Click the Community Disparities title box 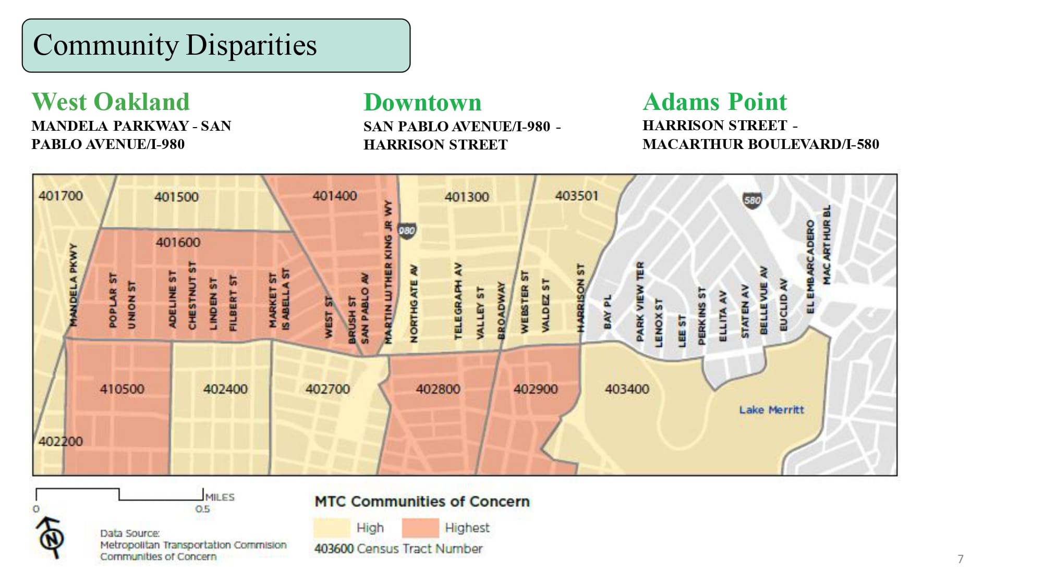[x=216, y=45]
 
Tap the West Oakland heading [x=111, y=102]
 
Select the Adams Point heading [x=714, y=102]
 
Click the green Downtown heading [x=422, y=102]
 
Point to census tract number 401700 [x=60, y=196]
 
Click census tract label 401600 [x=178, y=242]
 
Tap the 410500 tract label [x=122, y=389]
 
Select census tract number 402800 [x=438, y=389]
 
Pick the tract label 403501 [x=576, y=196]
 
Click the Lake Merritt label [x=771, y=410]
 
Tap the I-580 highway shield [x=752, y=200]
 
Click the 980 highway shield [x=407, y=231]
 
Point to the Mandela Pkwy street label [x=74, y=285]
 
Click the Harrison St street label [x=581, y=297]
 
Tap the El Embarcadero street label [x=810, y=267]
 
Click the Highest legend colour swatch [x=420, y=528]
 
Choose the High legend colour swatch [x=332, y=528]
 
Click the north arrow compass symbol [x=51, y=538]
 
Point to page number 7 [x=961, y=559]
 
